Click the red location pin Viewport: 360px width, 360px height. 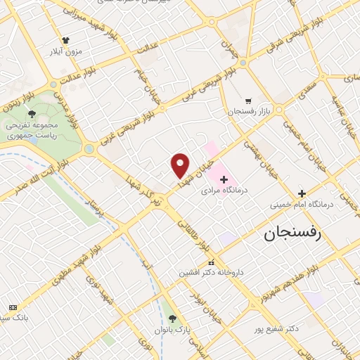pyautogui.click(x=180, y=166)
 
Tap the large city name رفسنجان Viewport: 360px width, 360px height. pyautogui.click(x=292, y=235)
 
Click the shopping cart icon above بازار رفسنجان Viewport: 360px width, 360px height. pyautogui.click(x=247, y=101)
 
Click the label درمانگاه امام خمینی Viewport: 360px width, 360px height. pyautogui.click(x=302, y=205)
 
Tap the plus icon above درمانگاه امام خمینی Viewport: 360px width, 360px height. pyautogui.click(x=302, y=193)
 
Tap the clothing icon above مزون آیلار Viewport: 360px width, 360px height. pyautogui.click(x=66, y=41)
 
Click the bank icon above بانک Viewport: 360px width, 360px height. pyautogui.click(x=13, y=307)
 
